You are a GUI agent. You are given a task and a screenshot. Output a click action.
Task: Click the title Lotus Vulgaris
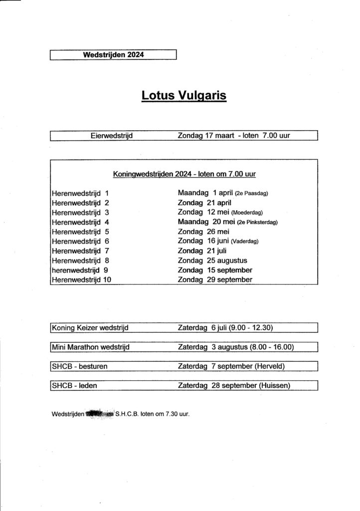pyautogui.click(x=184, y=95)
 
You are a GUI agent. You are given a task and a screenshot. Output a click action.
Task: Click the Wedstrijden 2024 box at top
pyautogui.click(x=114, y=55)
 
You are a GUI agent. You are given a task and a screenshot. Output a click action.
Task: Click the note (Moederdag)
pyautogui.click(x=247, y=213)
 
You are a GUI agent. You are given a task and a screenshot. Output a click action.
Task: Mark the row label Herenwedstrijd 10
pyautogui.click(x=81, y=280)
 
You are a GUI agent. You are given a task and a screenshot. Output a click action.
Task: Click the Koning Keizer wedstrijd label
pyautogui.click(x=90, y=328)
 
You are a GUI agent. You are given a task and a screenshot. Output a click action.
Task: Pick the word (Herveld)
pyautogui.click(x=269, y=366)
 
